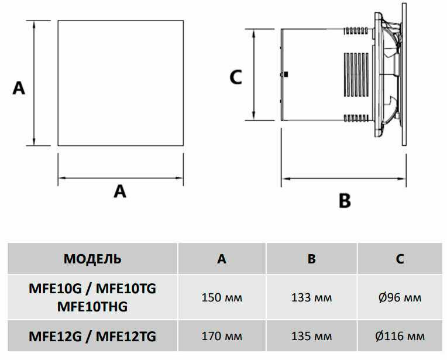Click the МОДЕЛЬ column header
(x=92, y=259)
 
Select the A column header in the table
(x=222, y=259)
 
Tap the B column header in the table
(x=312, y=259)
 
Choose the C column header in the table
(x=400, y=259)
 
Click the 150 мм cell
(x=222, y=297)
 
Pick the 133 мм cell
(x=312, y=297)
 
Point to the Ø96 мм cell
(x=400, y=297)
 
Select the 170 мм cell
(x=222, y=336)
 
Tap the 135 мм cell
(x=312, y=336)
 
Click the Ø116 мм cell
(x=400, y=336)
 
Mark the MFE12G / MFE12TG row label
(x=92, y=336)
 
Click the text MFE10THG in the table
(x=92, y=307)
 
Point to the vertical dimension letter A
(x=19, y=88)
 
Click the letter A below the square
(x=120, y=191)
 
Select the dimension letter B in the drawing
(x=345, y=201)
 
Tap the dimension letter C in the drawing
(x=236, y=77)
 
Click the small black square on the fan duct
(x=286, y=74)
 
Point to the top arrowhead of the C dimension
(x=254, y=33)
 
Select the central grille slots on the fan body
(x=357, y=75)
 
